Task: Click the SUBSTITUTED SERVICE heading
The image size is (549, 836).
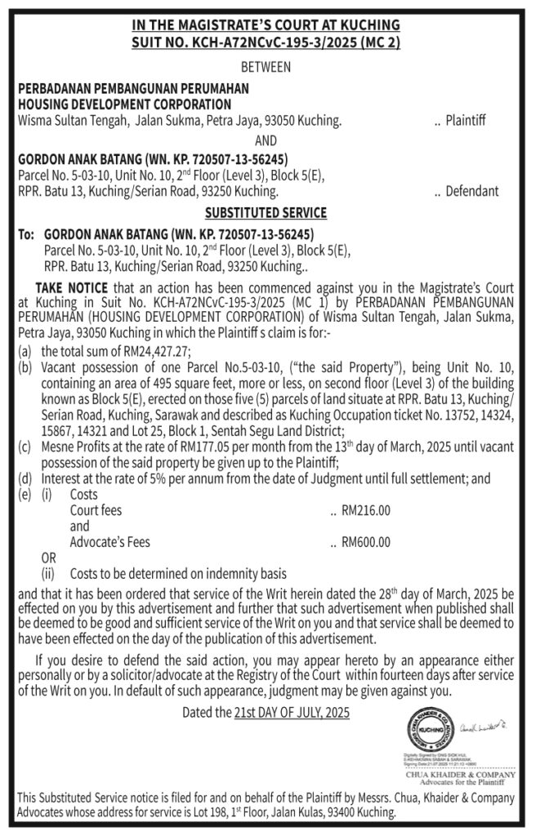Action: [x=266, y=213]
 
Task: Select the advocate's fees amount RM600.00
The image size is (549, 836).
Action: [x=365, y=541]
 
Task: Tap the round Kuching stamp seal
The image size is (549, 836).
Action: [x=431, y=730]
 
